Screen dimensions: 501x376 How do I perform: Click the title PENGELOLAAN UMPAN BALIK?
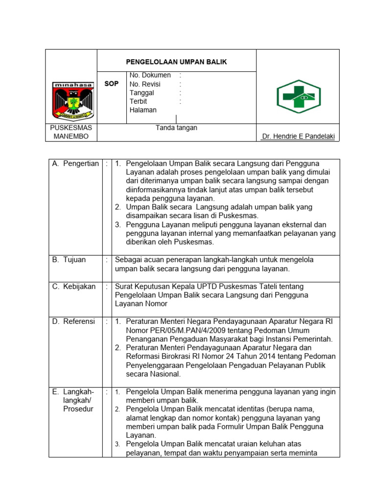coord(177,62)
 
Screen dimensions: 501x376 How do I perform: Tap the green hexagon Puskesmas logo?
coord(299,96)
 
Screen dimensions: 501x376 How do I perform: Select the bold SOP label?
coord(112,84)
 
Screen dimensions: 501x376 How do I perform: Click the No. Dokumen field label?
coord(150,75)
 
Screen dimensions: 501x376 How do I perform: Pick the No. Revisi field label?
coord(145,84)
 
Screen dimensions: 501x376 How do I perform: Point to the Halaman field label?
coord(143,110)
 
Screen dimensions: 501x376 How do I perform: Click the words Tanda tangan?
coord(176,128)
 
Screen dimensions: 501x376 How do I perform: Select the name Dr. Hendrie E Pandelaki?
coord(298,137)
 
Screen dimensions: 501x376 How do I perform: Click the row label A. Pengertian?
coord(75,163)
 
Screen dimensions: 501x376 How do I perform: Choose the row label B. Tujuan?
coord(69,260)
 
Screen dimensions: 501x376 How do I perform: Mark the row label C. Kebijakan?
coord(74,286)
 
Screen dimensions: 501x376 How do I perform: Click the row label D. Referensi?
coord(73,321)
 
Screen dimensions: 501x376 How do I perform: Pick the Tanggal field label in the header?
coord(142,92)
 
